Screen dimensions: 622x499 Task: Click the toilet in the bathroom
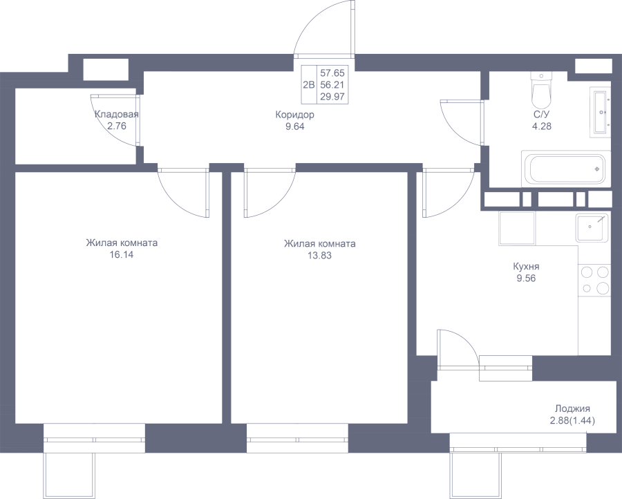(541, 90)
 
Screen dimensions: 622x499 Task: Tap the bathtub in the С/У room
(565, 169)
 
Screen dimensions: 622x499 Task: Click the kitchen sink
(592, 227)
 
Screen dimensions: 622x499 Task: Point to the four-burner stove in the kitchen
(594, 280)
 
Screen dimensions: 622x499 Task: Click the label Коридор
(294, 115)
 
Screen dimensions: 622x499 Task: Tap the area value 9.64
(294, 126)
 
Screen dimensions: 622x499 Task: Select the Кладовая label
(117, 115)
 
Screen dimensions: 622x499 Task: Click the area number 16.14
(122, 254)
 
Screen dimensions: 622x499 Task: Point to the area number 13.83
(320, 256)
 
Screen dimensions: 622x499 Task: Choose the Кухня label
(526, 266)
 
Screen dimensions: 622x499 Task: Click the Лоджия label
(572, 408)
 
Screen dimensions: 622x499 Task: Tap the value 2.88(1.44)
(572, 420)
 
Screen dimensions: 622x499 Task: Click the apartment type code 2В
(309, 84)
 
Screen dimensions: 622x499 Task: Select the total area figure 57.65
(332, 73)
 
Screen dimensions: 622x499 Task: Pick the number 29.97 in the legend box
(332, 96)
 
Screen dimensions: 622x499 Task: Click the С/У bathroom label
(541, 115)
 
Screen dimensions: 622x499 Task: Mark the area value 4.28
(541, 126)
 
